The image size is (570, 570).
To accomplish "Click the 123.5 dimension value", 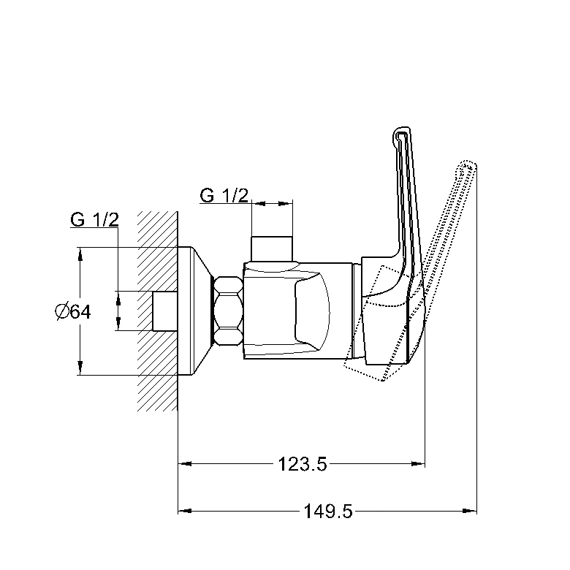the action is [303, 464].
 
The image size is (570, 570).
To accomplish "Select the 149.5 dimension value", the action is [328, 512].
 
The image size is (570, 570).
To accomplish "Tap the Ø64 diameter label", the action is [73, 311].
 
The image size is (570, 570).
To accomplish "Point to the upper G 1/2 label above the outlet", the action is [224, 196].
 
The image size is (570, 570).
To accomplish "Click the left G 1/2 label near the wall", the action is [94, 219].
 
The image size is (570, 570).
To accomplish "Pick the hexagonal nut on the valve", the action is [229, 311].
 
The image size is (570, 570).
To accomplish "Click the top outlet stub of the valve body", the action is [272, 249].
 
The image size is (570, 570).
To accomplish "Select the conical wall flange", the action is [196, 311].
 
